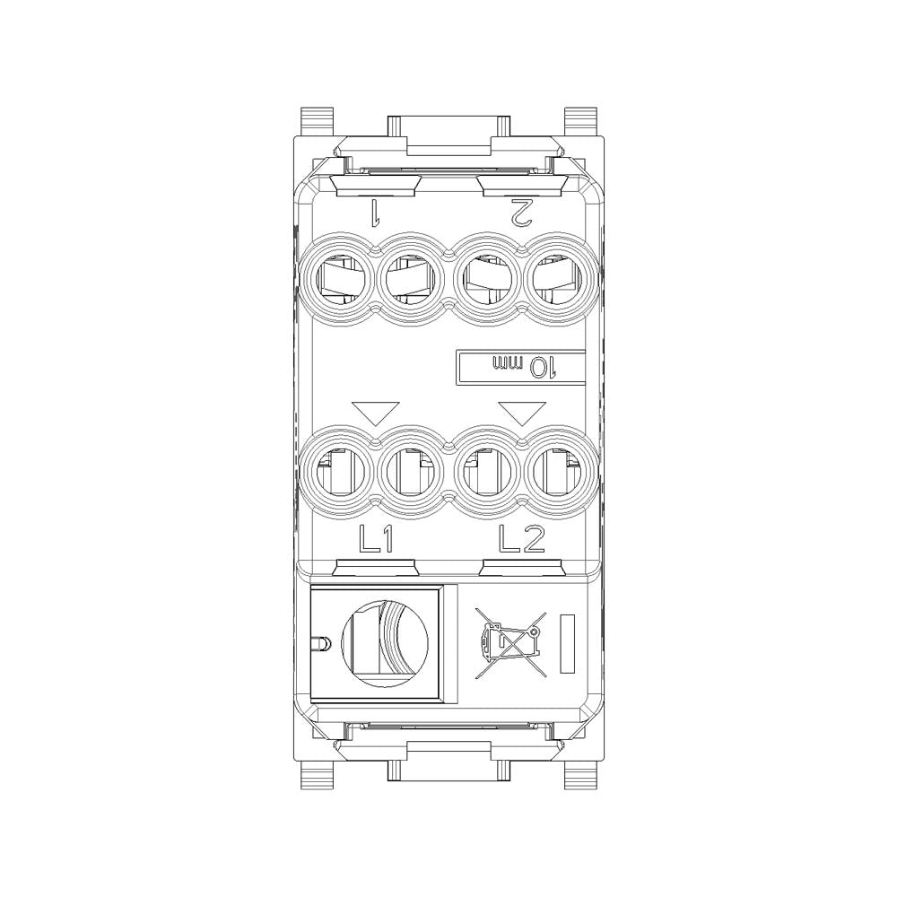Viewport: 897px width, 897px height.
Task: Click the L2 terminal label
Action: [x=521, y=538]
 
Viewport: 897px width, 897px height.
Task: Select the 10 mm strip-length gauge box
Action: [x=519, y=367]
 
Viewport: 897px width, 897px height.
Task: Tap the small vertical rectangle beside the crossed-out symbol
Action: [x=567, y=643]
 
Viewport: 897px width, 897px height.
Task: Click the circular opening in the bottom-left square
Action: [x=385, y=643]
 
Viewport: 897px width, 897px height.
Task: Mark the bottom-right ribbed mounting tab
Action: [x=581, y=773]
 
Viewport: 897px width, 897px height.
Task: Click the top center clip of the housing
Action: [x=448, y=135]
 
